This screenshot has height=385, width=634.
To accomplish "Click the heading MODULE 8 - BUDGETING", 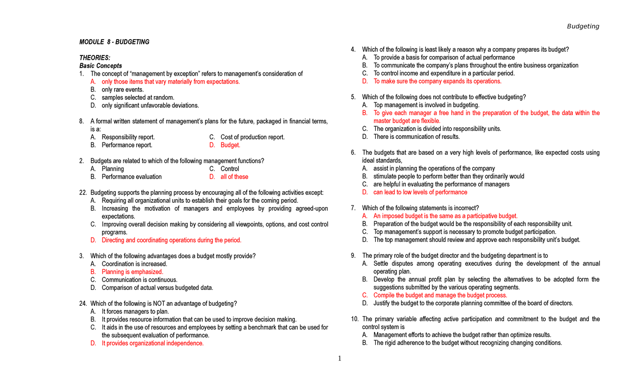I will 114,42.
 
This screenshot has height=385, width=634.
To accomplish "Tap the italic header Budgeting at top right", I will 583,26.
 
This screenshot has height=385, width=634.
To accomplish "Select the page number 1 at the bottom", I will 340,359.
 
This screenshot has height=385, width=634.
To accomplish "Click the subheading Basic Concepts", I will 100,65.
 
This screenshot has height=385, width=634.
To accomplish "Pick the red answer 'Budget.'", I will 230,145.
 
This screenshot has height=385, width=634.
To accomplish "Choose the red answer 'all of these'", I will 234,176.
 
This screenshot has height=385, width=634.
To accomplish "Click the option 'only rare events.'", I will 123,89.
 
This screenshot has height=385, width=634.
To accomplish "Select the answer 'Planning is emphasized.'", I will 133,271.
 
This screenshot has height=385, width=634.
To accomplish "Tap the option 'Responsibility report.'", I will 128,137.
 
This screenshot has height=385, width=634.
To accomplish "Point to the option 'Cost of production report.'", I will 253,137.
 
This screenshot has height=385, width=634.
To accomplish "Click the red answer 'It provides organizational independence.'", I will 153,343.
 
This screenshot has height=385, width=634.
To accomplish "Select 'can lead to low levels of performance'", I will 420,192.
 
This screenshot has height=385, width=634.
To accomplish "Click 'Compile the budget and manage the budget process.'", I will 440,295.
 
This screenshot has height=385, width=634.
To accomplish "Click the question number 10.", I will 355,319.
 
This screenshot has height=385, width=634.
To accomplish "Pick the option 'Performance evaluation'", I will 132,176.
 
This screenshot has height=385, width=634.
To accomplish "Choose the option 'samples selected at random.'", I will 138,97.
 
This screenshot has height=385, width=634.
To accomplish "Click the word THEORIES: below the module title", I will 95,58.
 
